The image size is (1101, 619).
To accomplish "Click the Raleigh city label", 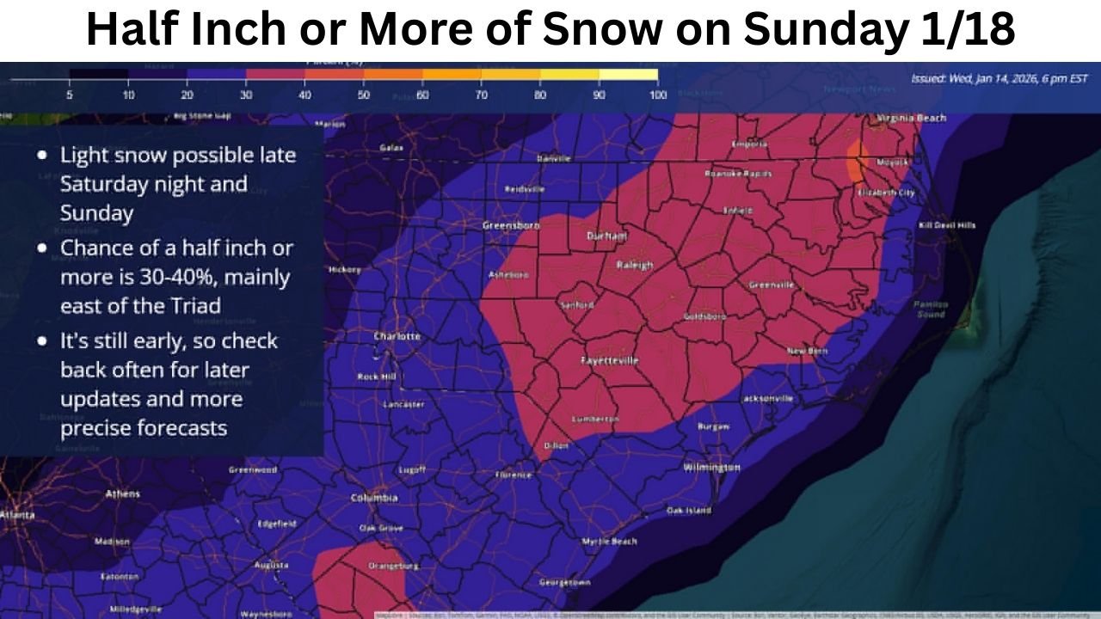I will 635,265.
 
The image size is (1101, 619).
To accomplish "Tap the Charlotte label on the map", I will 397,336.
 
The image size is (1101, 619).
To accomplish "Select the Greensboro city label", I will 511,225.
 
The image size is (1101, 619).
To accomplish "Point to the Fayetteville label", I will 610,360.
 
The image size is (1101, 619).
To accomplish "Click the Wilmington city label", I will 710,467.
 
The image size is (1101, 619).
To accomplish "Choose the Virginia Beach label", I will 912,118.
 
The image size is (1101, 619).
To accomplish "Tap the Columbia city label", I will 374,498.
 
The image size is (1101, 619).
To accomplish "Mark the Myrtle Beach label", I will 609,542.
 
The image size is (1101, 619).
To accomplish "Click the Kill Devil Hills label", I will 947,225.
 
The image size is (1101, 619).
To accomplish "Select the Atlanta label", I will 17,515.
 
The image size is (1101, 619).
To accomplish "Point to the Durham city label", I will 606,236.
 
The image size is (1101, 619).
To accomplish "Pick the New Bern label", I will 807,351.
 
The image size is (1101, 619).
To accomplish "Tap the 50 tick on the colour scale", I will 363,95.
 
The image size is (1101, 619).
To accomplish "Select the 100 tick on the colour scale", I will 657,95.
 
